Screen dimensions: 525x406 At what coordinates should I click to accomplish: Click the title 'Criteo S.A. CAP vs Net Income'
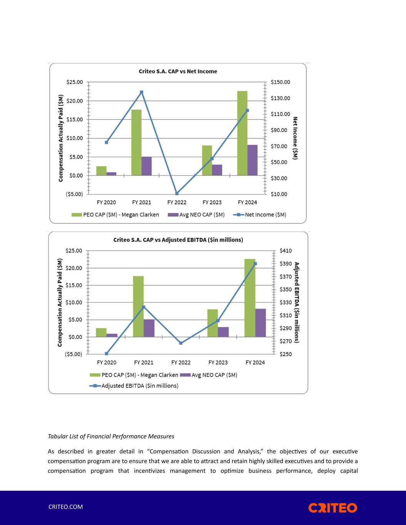178,71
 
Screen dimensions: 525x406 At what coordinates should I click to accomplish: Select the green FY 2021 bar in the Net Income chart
136,142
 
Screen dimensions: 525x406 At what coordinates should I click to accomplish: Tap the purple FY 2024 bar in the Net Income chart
252,160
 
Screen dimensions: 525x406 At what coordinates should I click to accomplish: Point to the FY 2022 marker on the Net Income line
177,193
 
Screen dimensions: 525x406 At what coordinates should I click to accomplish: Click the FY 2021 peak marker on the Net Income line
142,92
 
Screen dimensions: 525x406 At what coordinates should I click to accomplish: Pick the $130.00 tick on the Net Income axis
280,98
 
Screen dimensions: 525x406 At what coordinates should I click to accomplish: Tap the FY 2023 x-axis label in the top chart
212,202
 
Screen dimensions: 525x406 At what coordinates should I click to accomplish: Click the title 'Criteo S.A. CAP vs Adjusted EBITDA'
178,240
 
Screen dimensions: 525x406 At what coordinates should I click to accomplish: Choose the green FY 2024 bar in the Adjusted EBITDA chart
250,298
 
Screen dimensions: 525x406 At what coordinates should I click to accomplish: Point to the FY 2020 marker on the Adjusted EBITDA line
107,353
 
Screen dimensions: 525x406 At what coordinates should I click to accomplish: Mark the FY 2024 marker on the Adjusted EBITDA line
255,264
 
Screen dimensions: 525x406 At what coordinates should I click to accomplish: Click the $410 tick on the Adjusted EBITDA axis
286,251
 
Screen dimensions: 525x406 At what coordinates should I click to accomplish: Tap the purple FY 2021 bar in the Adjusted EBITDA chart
149,328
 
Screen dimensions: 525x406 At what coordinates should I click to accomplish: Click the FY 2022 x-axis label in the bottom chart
181,362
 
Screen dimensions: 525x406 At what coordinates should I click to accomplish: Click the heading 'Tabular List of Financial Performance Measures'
111,436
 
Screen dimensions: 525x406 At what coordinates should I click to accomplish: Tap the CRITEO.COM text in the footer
65,507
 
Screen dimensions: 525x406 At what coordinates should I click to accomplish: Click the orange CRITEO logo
332,508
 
